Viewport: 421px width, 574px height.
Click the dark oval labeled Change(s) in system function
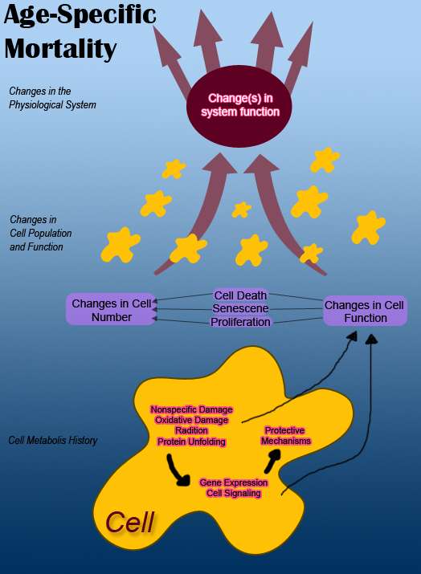[239, 106]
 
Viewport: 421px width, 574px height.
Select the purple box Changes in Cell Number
[112, 310]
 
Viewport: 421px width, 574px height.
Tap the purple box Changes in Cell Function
[365, 311]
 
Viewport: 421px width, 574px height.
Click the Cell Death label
[240, 295]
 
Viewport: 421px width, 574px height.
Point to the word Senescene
[240, 308]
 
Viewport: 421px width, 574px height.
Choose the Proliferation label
[240, 322]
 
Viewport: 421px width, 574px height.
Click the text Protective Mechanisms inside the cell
[285, 436]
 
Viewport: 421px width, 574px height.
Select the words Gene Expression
[234, 482]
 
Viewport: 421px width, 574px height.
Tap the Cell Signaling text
[234, 493]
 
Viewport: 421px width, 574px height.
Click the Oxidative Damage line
[191, 420]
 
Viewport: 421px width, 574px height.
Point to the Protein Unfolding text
[191, 442]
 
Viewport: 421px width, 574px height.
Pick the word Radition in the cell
[191, 430]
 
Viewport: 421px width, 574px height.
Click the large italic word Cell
[129, 522]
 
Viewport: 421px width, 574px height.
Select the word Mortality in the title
[60, 49]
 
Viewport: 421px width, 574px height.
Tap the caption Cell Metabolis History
[53, 440]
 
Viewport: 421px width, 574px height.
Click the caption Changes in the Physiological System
[52, 98]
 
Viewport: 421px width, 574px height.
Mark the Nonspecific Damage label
[191, 409]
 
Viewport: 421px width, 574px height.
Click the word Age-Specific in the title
[80, 15]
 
